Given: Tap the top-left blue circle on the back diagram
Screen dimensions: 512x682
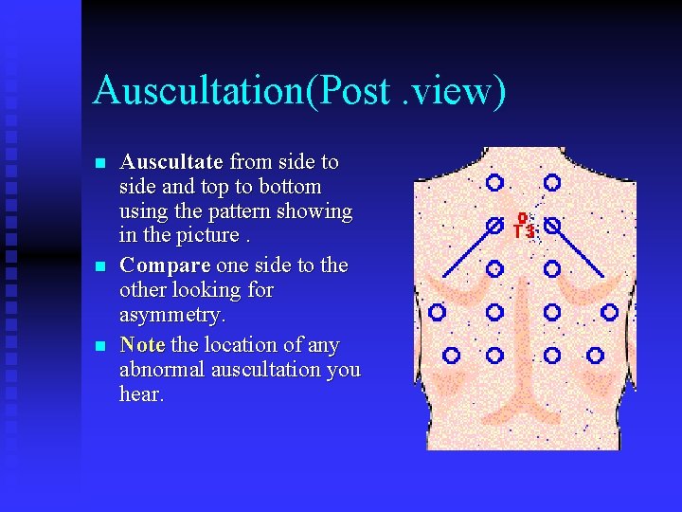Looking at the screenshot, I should (x=494, y=182).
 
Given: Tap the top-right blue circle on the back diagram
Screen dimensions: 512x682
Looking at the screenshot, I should (x=552, y=182).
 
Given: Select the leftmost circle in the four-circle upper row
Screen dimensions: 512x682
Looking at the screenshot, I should (x=437, y=311).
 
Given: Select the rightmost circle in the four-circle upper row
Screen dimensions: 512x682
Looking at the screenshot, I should (x=610, y=311).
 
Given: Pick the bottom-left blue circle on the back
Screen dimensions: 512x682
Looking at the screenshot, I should (x=452, y=355).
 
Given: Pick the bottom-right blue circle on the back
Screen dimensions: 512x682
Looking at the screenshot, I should (x=595, y=355).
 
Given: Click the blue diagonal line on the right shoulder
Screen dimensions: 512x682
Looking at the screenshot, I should (x=580, y=251).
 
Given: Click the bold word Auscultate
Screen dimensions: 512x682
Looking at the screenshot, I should (x=171, y=162).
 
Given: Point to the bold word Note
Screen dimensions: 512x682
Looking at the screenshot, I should (x=142, y=344).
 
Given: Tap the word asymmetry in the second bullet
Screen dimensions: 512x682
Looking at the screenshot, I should (x=172, y=314).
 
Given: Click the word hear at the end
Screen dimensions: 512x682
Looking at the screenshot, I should (x=141, y=393).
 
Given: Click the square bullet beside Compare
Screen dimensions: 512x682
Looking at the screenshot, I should (x=101, y=266).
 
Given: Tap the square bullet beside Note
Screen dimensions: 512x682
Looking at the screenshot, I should (x=101, y=346).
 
